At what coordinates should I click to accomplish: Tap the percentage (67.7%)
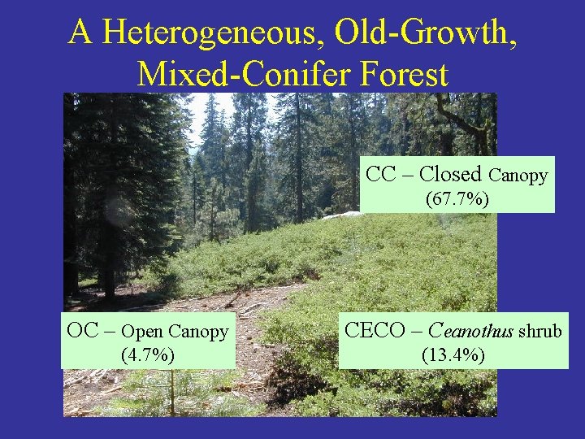[457, 198]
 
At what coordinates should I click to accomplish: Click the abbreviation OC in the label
[83, 332]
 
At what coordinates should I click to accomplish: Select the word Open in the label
[142, 332]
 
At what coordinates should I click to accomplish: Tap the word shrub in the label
[539, 331]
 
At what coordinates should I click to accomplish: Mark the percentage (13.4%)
[453, 354]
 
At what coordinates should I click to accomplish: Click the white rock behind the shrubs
[342, 215]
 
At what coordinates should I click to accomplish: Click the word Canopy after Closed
[518, 175]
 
